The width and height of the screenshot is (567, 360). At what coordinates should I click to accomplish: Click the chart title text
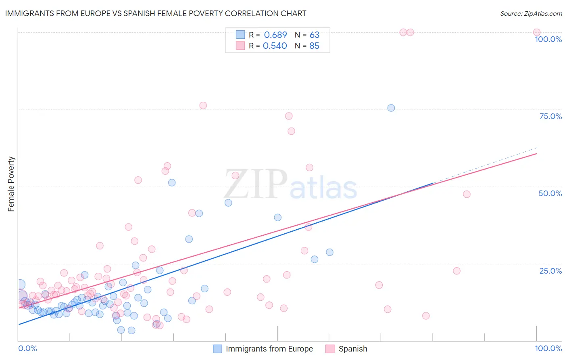click(155, 13)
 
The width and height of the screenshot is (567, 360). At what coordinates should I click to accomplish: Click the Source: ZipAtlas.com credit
click(531, 13)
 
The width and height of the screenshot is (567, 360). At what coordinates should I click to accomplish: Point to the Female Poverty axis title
click(11, 184)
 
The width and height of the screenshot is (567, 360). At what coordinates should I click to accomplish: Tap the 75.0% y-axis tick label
click(550, 116)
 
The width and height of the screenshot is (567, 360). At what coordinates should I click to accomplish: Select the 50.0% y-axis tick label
click(550, 193)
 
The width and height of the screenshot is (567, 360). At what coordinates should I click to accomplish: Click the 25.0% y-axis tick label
click(550, 271)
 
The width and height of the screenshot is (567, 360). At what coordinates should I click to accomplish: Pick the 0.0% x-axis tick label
click(27, 348)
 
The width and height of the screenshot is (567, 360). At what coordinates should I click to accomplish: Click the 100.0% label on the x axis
click(548, 348)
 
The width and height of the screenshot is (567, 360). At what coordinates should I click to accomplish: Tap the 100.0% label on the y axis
click(548, 39)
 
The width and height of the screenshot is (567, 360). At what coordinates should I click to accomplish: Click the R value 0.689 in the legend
click(275, 35)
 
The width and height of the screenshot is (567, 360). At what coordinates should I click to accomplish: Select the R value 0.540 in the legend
click(275, 46)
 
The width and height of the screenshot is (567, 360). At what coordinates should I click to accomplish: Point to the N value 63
click(315, 35)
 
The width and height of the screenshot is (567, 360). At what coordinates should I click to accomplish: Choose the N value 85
click(314, 46)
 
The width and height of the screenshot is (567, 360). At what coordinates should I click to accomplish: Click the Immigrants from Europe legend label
click(269, 349)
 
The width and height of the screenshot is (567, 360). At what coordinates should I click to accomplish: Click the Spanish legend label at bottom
click(353, 349)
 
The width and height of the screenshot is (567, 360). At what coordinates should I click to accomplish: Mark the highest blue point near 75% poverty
click(391, 108)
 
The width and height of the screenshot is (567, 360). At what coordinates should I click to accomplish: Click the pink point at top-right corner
click(536, 32)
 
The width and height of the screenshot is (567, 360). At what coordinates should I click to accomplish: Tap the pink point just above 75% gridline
click(203, 105)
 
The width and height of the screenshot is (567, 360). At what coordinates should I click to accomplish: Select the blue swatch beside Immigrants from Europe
click(217, 349)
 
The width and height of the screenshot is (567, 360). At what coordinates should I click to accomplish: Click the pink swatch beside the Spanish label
click(330, 349)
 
